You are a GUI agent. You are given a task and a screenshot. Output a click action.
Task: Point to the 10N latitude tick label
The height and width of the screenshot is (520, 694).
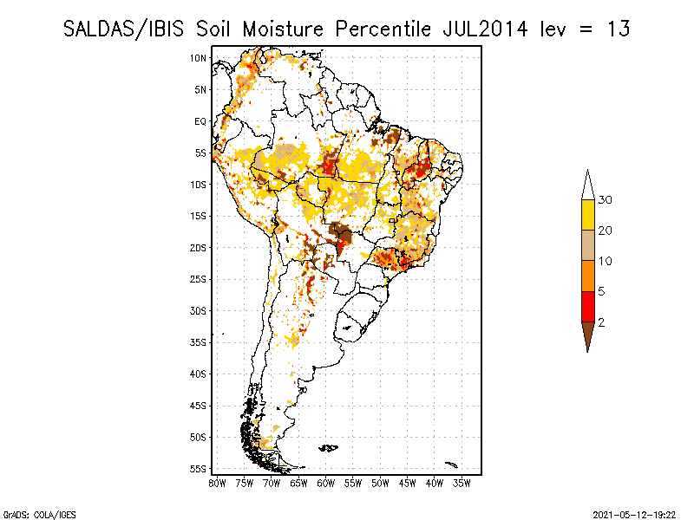click(x=198, y=58)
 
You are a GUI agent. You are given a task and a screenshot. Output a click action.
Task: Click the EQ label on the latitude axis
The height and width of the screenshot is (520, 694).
click(x=200, y=121)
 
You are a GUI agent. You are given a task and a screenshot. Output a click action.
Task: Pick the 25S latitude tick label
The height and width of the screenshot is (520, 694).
click(x=198, y=279)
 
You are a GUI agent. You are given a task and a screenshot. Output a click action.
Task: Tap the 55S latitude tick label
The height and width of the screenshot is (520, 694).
click(x=198, y=469)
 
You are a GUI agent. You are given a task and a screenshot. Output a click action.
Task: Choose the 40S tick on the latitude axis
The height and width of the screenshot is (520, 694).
click(x=198, y=374)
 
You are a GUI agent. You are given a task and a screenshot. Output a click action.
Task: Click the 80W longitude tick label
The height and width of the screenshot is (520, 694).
click(x=217, y=483)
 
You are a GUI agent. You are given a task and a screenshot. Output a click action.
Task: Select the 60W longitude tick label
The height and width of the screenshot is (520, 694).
click(x=326, y=483)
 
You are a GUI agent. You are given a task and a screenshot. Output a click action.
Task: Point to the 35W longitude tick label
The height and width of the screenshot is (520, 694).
click(x=462, y=483)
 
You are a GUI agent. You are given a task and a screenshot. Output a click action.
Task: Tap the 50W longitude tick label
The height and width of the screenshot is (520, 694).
click(x=381, y=483)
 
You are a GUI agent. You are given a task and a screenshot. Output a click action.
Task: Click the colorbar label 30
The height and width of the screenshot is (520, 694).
click(x=606, y=200)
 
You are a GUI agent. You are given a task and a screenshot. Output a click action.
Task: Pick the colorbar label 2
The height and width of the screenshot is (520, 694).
click(x=601, y=322)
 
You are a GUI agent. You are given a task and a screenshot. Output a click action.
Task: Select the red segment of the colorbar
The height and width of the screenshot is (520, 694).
click(x=587, y=306)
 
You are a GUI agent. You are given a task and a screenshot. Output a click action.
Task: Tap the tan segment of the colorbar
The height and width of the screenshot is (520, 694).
click(x=587, y=245)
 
